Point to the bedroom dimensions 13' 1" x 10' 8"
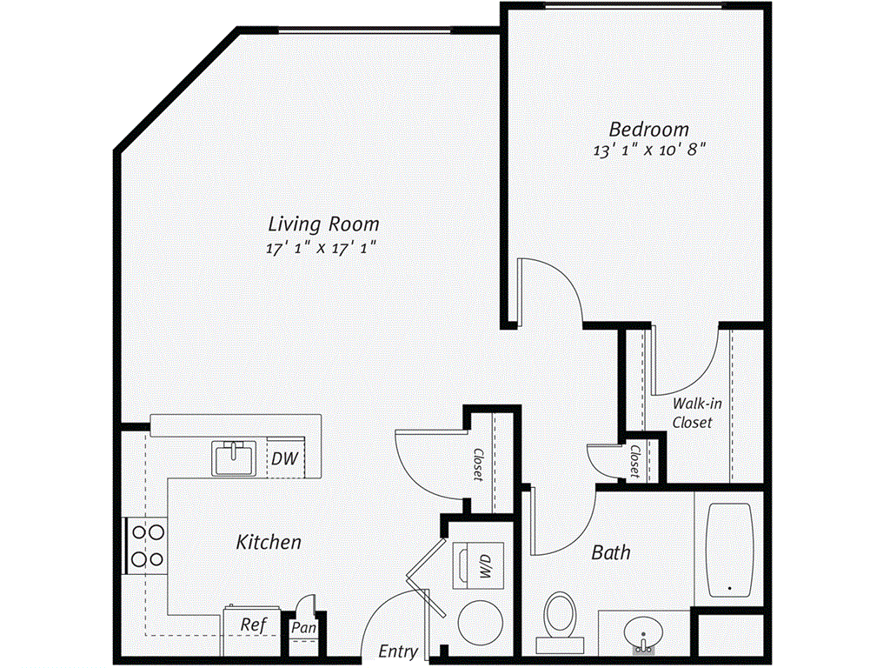click(648, 150)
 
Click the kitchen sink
click(233, 458)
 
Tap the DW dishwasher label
click(281, 458)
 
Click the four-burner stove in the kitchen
click(146, 544)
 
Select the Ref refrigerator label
click(253, 625)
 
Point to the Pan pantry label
click(303, 627)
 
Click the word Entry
click(398, 651)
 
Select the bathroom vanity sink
click(644, 630)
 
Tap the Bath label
click(611, 552)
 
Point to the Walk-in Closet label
click(693, 413)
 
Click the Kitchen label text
click(269, 543)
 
